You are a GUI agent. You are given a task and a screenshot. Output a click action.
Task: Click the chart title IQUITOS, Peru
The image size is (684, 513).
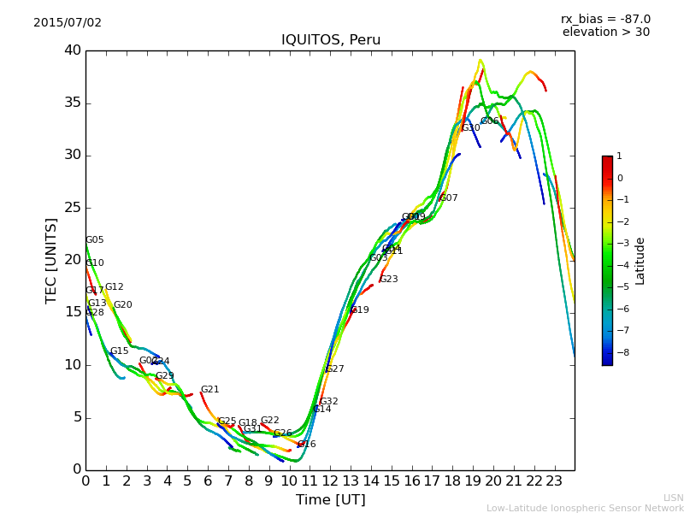pos(331,40)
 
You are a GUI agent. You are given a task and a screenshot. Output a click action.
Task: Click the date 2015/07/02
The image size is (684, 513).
pos(68,22)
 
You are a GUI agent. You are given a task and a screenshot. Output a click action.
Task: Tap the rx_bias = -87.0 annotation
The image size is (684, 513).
pos(605,19)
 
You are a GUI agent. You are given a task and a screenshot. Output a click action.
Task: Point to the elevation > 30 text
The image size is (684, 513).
pos(605,32)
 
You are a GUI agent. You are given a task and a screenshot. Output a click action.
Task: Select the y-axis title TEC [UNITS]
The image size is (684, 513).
pos(51,261)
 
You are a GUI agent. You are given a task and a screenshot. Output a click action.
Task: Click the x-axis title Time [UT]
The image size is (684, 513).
pos(330,500)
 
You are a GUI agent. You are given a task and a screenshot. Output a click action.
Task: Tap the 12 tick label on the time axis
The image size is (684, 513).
pos(331,481)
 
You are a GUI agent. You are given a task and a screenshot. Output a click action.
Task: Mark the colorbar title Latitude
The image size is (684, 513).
pos(640,261)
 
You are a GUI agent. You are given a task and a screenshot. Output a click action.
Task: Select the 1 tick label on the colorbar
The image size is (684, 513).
pos(620,156)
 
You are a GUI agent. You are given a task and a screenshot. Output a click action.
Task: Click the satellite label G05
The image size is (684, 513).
pos(95,240)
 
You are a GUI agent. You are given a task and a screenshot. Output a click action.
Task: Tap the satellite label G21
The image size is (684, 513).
pos(209,390)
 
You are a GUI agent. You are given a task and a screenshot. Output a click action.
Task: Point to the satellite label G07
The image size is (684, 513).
pos(449,198)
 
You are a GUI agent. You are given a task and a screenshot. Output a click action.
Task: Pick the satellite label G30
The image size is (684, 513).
pos(471,128)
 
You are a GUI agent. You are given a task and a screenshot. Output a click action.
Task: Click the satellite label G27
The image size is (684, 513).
pos(334,369)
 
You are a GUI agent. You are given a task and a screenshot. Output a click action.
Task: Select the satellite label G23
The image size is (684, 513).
pos(389,280)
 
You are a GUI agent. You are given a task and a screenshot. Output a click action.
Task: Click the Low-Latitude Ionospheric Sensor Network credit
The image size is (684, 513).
pos(585,508)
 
